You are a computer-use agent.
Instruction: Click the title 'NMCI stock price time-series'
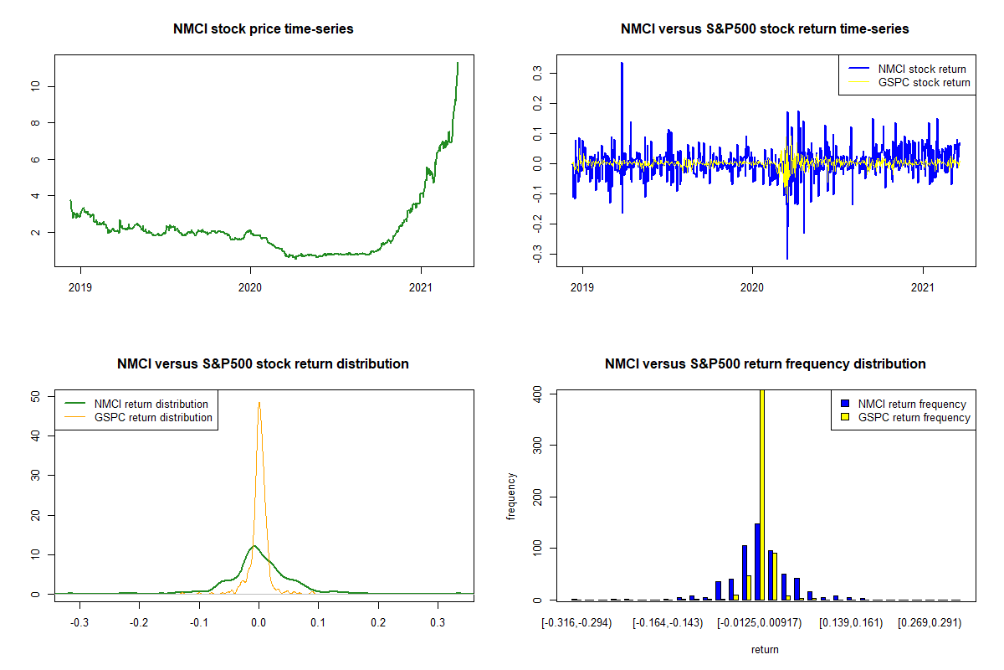tap(264, 29)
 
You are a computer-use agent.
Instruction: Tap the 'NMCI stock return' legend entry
tap(921, 70)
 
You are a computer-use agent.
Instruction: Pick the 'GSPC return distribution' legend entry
tap(153, 417)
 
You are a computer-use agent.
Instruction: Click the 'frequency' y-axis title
tap(511, 497)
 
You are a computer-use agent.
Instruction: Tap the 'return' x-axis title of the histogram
tap(765, 649)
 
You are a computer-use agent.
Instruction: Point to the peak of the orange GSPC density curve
tap(259, 402)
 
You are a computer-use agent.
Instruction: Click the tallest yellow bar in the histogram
tap(762, 494)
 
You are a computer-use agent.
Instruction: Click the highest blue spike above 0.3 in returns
tap(622, 63)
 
